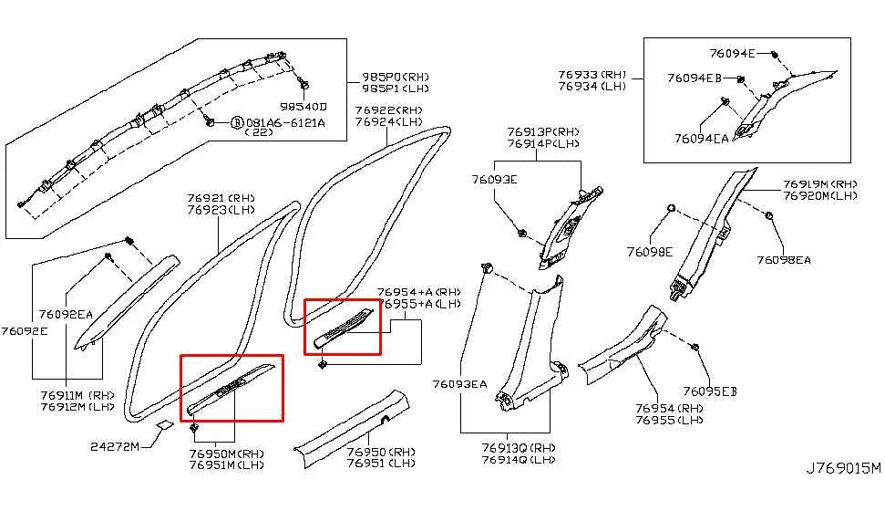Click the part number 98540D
pos(304,106)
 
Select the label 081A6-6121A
pos(285,122)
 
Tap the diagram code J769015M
pos(843,468)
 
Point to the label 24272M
pos(115,446)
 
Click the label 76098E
pos(649,251)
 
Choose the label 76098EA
pos(783,259)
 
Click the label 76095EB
pos(710,391)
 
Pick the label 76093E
pos(494,180)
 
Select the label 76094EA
pos(701,139)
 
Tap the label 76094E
pos(733,54)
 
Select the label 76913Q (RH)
pos(518,447)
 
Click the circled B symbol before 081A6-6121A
pos(237,122)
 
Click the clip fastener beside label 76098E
pos(671,209)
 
